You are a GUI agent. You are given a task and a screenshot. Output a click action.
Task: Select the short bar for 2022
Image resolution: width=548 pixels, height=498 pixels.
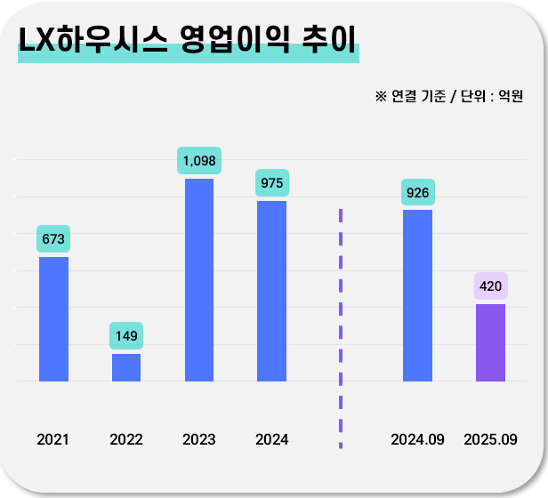tap(126, 367)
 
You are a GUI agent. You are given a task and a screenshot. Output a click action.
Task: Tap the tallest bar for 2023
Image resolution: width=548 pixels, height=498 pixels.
tap(199, 279)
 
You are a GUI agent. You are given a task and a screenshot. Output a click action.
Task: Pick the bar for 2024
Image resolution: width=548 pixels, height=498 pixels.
tap(271, 291)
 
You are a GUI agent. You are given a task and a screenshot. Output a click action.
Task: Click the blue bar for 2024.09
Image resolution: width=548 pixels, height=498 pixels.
tap(417, 295)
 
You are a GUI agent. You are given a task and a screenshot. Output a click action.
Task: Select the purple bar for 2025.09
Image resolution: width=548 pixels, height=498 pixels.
tap(490, 342)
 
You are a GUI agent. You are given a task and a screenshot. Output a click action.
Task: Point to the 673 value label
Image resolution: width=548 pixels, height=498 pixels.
tap(53, 239)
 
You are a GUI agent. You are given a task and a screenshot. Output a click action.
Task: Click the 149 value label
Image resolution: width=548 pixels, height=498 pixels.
tap(126, 336)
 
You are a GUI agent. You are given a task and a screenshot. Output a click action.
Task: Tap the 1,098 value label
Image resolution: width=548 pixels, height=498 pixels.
tap(199, 161)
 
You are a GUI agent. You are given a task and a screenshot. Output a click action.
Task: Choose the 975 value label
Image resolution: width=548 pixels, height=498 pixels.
tap(271, 183)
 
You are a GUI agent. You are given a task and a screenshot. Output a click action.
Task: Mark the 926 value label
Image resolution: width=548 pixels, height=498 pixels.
tap(417, 192)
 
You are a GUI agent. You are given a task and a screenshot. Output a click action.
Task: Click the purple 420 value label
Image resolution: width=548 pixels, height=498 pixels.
tap(490, 286)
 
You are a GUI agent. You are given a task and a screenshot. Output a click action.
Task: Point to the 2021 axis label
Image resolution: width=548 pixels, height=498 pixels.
tap(53, 439)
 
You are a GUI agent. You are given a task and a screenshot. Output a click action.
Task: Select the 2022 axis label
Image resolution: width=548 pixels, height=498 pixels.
tap(126, 439)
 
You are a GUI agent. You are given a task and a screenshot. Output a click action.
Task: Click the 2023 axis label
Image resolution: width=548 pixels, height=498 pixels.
tap(199, 439)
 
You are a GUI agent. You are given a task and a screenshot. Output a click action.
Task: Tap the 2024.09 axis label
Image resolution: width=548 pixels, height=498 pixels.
tap(417, 439)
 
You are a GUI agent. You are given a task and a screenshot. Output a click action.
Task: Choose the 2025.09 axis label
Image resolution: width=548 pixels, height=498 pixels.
tap(490, 439)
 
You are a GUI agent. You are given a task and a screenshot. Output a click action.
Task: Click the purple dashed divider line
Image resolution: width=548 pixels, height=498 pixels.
tap(340, 329)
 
